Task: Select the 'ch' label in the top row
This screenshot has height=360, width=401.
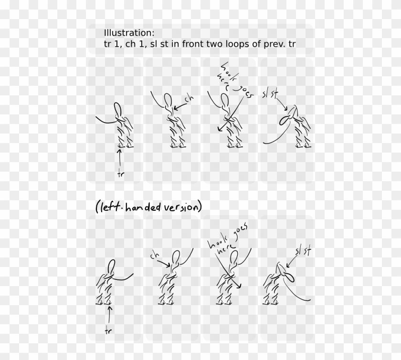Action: (x=189, y=99)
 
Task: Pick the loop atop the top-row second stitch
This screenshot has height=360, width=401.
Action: (x=168, y=100)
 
